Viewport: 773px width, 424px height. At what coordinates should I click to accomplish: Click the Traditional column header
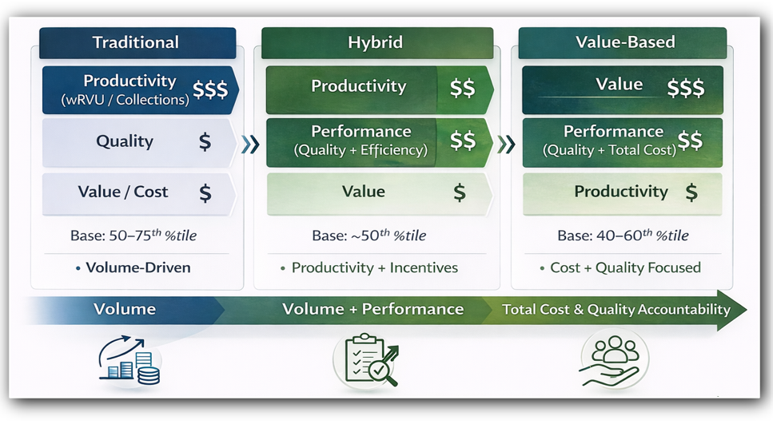[137, 43]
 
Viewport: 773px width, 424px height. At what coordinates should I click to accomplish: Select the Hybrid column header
[377, 43]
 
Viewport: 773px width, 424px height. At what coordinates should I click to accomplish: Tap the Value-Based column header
[623, 43]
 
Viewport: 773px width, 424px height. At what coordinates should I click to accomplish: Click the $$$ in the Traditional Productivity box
[210, 89]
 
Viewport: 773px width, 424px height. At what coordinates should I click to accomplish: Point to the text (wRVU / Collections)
[126, 100]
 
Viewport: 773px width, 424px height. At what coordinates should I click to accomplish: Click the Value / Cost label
[123, 192]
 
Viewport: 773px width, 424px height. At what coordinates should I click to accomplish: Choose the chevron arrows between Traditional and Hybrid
[250, 145]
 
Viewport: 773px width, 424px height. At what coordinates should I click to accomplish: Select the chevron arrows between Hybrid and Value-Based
[506, 145]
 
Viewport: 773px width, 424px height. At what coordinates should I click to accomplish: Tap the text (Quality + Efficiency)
[361, 150]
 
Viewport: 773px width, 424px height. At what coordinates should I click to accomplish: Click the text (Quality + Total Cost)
[609, 150]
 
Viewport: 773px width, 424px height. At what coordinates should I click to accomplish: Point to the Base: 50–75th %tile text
[133, 236]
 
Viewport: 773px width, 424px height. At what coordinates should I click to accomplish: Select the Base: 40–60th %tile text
[624, 236]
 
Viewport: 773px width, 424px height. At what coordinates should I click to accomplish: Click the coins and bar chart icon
[129, 360]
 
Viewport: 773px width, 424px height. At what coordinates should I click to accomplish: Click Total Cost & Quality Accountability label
[616, 309]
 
